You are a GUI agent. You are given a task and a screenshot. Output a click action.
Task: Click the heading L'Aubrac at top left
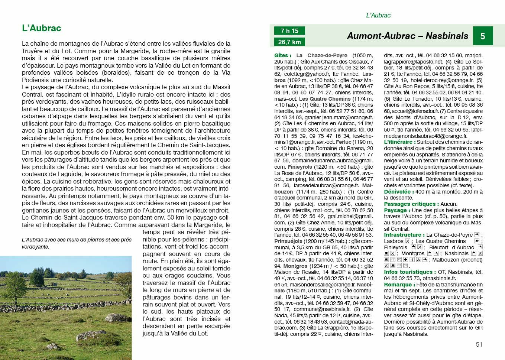42,28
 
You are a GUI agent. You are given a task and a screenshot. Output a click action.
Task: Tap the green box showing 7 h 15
289,31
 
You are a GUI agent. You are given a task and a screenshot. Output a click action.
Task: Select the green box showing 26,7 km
289,42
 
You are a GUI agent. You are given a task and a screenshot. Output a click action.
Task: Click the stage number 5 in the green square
482,36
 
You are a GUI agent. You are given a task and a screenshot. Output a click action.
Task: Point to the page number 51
479,344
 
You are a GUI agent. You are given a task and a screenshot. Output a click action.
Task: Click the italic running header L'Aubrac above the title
378,15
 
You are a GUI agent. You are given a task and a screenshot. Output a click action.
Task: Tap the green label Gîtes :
283,55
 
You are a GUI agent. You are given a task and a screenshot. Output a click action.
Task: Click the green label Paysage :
397,210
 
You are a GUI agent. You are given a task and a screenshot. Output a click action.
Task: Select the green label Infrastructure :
404,235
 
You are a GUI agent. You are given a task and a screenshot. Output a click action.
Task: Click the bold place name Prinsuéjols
288,241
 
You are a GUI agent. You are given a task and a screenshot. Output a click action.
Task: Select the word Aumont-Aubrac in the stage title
381,36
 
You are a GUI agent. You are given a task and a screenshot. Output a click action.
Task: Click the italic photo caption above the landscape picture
77,243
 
